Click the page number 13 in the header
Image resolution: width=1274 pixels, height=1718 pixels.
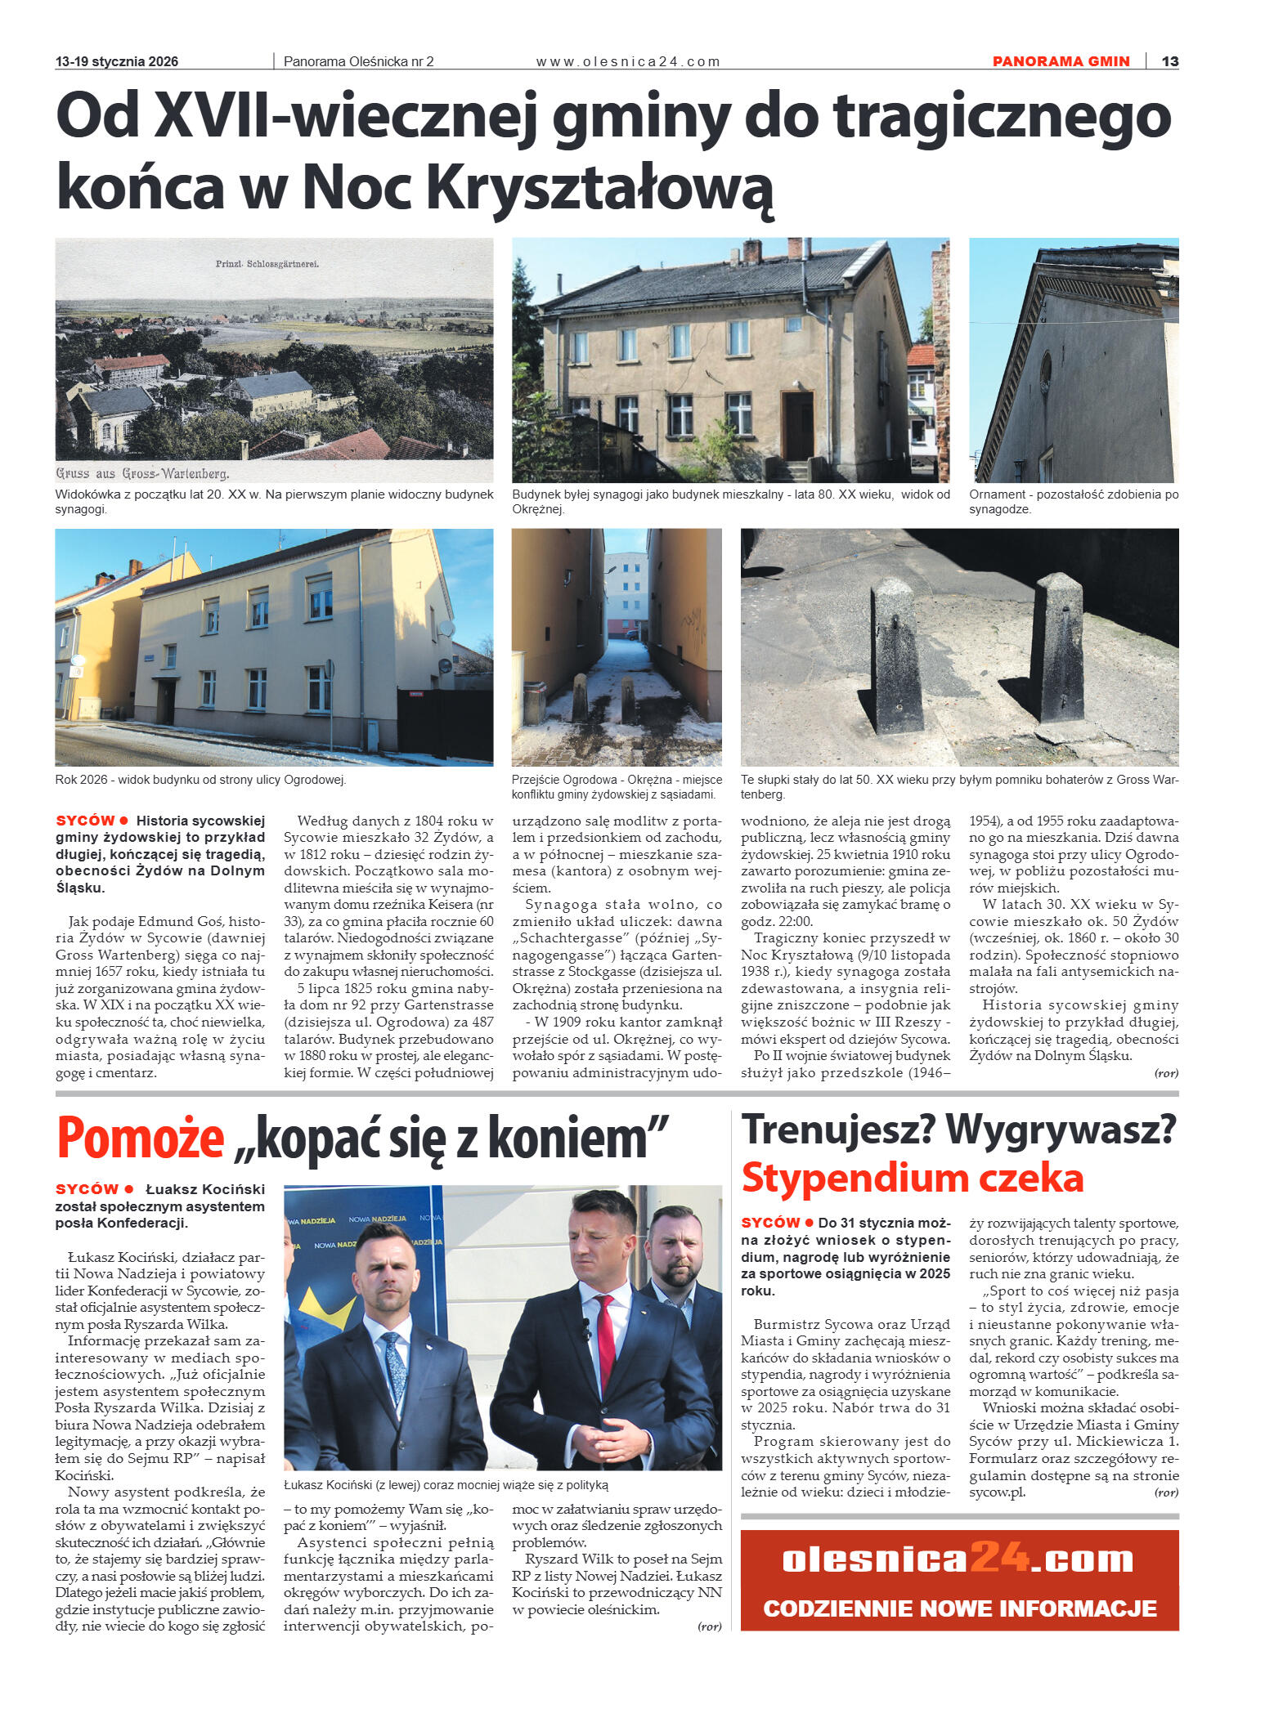[x=1169, y=61]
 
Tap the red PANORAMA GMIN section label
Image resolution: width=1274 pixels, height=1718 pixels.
[x=1061, y=61]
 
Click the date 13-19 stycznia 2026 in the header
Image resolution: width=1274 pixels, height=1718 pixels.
[x=116, y=61]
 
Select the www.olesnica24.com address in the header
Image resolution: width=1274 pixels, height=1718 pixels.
[x=627, y=61]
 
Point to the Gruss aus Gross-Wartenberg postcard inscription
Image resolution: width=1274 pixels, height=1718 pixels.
[x=142, y=473]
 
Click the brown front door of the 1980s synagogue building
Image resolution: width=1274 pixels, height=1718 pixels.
[x=797, y=425]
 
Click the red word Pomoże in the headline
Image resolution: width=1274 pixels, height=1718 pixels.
[x=140, y=1138]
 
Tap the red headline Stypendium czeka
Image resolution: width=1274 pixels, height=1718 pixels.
[x=912, y=1178]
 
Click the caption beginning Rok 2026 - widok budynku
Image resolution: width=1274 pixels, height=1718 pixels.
[x=200, y=779]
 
